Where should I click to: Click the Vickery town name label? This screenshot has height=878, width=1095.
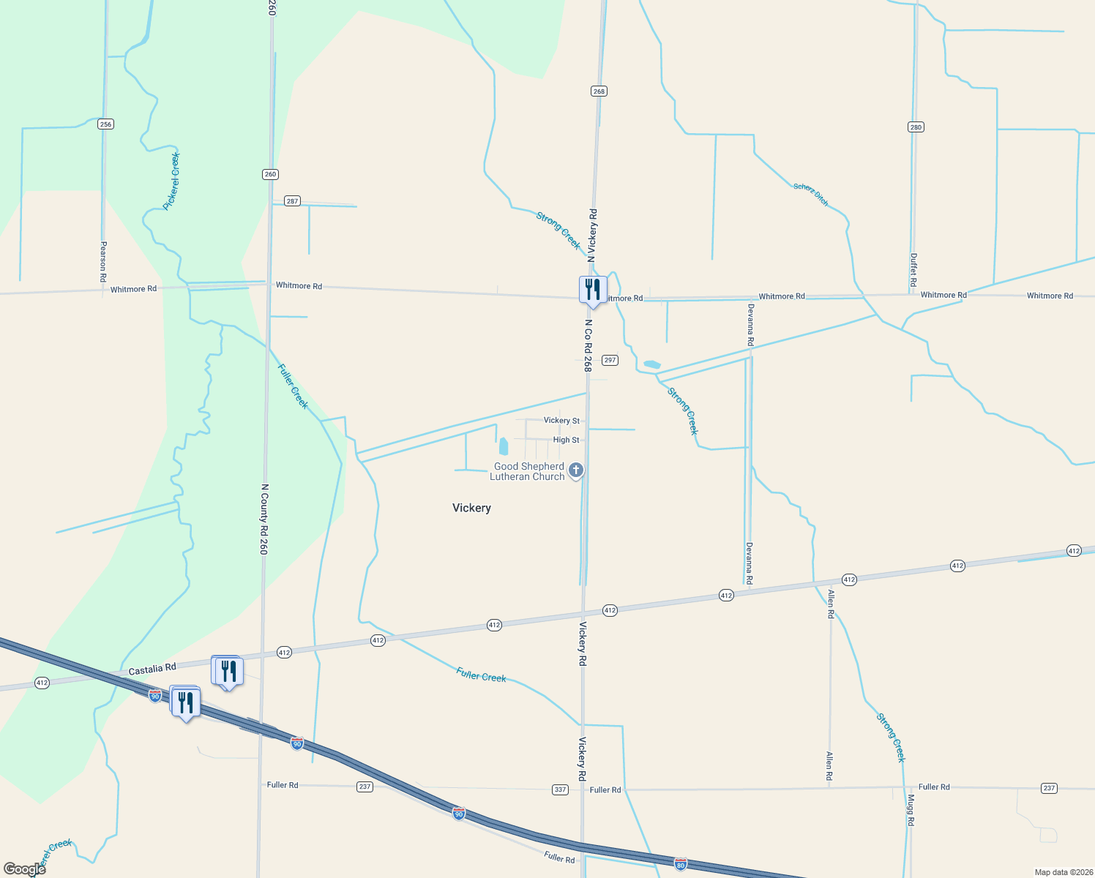(x=471, y=508)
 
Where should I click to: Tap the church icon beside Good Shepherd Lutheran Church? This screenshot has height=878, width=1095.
(x=576, y=470)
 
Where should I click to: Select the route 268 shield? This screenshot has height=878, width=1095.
(x=599, y=91)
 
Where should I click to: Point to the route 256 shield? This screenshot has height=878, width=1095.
(x=105, y=124)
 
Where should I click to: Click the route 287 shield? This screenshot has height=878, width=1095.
(x=292, y=201)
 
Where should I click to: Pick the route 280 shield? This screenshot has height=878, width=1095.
(x=916, y=127)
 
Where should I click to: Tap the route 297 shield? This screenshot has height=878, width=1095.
(x=610, y=360)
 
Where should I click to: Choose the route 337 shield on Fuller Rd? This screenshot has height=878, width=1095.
(x=560, y=789)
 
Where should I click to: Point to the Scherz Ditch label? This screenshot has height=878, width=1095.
(x=811, y=195)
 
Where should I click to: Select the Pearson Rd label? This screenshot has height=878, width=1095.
(x=103, y=262)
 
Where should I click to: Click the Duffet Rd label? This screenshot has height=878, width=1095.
(x=913, y=270)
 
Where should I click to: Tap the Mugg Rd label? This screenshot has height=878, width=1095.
(x=911, y=811)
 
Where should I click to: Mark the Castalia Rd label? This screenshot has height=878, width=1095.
(x=152, y=669)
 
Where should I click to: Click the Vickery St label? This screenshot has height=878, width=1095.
(x=561, y=421)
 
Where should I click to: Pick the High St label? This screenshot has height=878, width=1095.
(x=566, y=440)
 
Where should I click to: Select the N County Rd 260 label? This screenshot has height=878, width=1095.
(x=264, y=519)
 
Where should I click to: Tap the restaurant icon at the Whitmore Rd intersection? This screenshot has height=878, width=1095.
(x=593, y=290)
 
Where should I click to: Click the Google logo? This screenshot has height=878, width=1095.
(x=24, y=869)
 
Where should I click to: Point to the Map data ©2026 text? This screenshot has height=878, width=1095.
(x=1063, y=872)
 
